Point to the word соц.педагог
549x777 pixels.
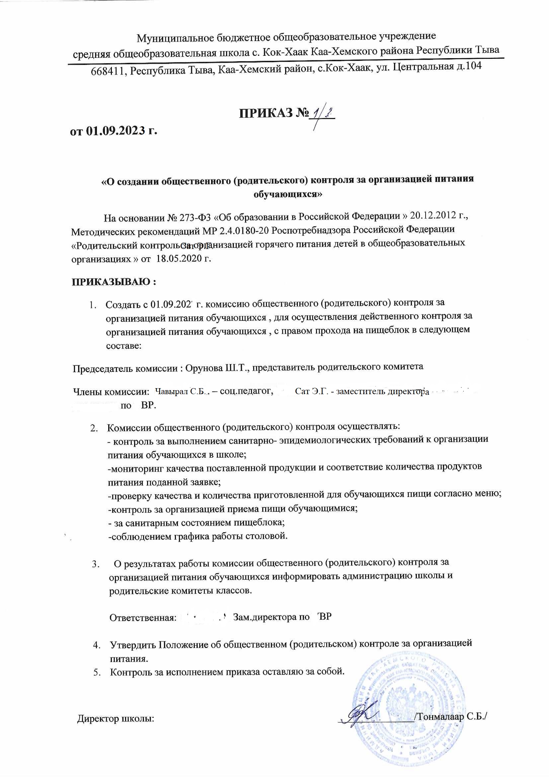click(x=246, y=391)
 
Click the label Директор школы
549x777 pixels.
click(x=116, y=718)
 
